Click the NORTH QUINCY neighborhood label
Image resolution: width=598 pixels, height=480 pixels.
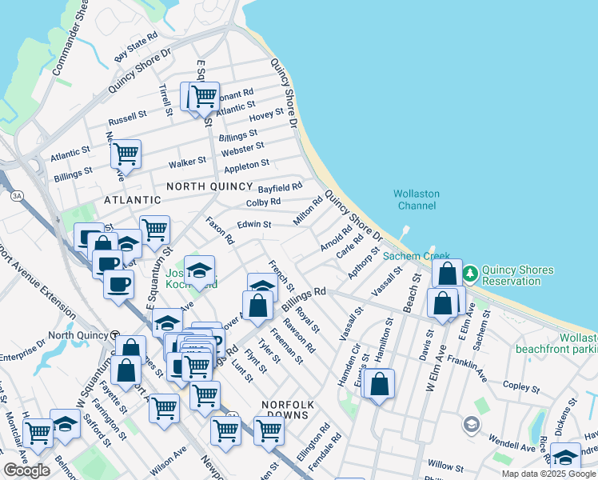(x=211, y=186)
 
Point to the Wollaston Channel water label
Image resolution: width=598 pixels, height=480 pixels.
(x=415, y=199)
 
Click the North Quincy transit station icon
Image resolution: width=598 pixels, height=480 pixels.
(x=114, y=334)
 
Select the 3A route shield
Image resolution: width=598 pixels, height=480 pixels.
(x=16, y=196)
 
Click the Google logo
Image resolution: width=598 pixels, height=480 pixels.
(x=26, y=470)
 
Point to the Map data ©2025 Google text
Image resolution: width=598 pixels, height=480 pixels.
(x=548, y=474)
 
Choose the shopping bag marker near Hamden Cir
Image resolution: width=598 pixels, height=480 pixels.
(x=381, y=383)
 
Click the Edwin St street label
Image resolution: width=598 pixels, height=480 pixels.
(x=255, y=226)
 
